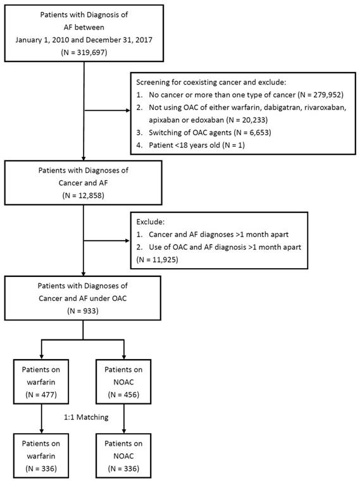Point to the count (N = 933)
click(84, 311)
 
